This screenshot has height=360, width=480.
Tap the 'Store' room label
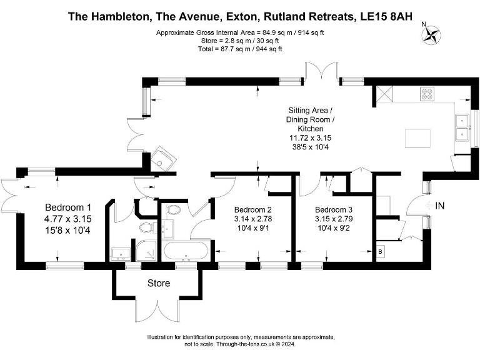pyautogui.click(x=158, y=283)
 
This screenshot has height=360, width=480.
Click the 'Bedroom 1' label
pyautogui.click(x=68, y=207)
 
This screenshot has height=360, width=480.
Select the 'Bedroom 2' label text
pyautogui.click(x=252, y=209)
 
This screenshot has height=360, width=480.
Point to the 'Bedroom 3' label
pyautogui.click(x=334, y=209)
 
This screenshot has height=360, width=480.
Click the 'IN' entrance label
pyautogui.click(x=440, y=205)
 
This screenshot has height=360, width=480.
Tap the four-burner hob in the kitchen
pyautogui.click(x=428, y=94)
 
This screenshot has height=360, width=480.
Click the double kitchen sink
pyautogui.click(x=463, y=126)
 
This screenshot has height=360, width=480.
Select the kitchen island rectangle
pyautogui.click(x=418, y=137)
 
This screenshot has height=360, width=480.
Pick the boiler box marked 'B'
pyautogui.click(x=381, y=251)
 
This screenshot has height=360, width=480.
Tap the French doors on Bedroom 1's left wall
pyautogui.click(x=11, y=196)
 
